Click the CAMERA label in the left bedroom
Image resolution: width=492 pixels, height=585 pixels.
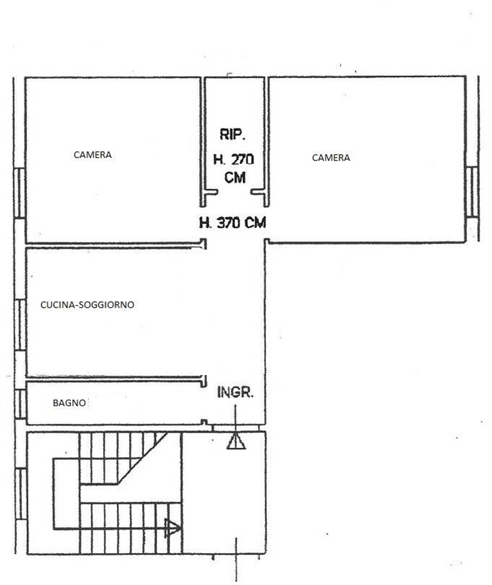coord(93,155)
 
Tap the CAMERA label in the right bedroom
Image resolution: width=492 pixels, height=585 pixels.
coord(331,158)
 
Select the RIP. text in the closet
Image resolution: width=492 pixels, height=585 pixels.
coord(233,134)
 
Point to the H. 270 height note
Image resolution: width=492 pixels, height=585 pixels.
coord(234,159)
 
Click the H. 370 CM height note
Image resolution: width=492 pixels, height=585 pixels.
coord(233,223)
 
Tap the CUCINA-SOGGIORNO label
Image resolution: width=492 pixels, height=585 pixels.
coord(87,305)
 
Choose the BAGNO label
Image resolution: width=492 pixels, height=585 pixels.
coord(69,403)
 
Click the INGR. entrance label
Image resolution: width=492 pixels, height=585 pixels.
coord(235,392)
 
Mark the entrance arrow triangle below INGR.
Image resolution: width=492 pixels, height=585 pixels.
coord(236,442)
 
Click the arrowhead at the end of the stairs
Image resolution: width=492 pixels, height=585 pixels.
coord(172,528)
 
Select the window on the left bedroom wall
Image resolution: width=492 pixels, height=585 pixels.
coord(19,193)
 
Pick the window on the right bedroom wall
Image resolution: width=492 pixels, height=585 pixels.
coord(472,191)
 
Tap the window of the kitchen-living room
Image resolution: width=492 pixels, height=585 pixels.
coord(20,325)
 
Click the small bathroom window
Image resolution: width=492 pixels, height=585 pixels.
coord(21,404)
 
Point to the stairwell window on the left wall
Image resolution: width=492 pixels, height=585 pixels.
coord(21,494)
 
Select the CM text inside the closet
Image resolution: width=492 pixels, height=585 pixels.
coord(235,178)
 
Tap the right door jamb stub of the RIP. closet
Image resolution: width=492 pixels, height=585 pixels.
coord(257,192)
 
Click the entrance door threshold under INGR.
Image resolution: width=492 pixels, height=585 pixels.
coord(235,428)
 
